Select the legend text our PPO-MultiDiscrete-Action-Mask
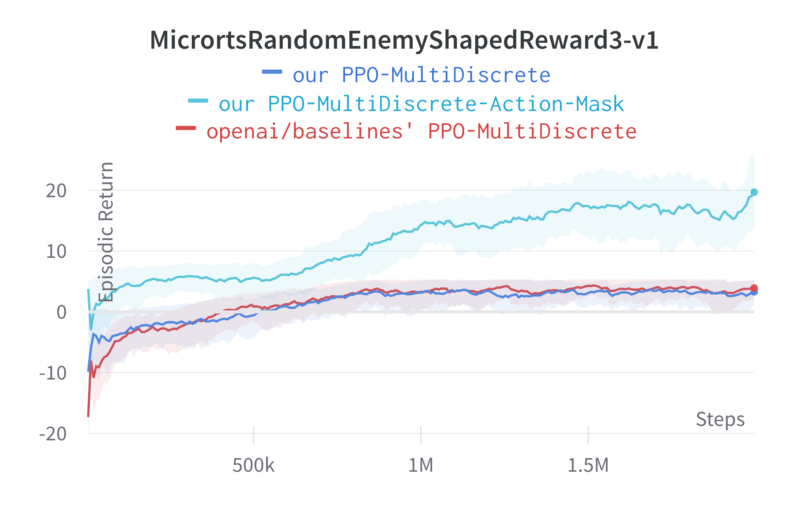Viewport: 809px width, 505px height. [x=421, y=104]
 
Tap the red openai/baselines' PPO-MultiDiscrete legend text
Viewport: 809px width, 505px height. [x=421, y=131]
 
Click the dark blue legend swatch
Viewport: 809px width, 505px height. [x=272, y=72]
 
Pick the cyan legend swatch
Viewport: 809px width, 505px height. [x=198, y=101]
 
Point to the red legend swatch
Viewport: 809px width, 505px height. [x=186, y=128]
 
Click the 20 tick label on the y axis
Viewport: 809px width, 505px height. [x=56, y=191]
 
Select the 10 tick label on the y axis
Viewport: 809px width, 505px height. [x=56, y=252]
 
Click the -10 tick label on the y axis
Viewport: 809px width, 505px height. [x=53, y=373]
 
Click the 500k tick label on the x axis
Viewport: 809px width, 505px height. [x=253, y=465]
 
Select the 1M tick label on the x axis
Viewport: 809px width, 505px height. [x=421, y=465]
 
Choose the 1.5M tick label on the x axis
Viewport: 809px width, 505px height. [x=588, y=465]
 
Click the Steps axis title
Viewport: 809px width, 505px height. [x=720, y=419]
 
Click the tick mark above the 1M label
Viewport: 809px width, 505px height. [x=421, y=435]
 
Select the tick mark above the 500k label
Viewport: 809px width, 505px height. [x=253, y=435]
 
